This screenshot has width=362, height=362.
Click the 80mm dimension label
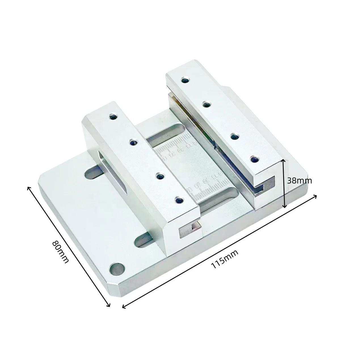pos(60,252)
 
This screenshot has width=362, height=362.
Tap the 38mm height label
pos(299,181)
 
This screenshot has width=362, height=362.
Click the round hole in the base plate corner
pos(117,269)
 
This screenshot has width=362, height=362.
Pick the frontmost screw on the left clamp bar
pos(179,201)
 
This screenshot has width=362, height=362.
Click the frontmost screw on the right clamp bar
pos(254,159)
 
